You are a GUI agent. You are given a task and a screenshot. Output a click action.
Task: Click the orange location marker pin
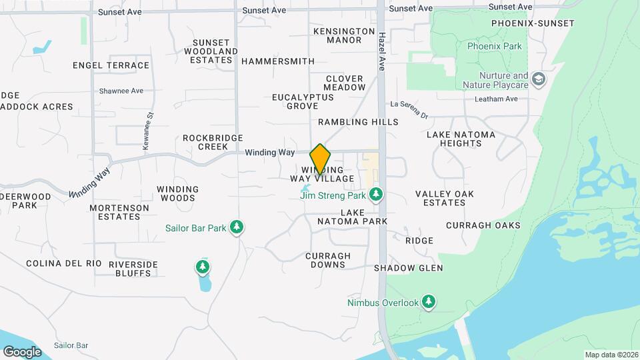click(x=320, y=159)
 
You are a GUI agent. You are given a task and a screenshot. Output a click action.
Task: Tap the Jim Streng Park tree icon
click(x=377, y=195)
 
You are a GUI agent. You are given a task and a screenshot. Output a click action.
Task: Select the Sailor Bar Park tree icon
click(x=236, y=227)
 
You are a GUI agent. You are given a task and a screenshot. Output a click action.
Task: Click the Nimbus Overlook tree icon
click(x=429, y=303)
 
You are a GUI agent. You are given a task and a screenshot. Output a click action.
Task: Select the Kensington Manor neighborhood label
click(x=344, y=35)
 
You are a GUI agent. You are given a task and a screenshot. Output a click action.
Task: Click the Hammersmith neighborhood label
click(x=278, y=61)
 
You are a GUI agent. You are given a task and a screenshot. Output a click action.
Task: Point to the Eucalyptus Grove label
click(x=303, y=101)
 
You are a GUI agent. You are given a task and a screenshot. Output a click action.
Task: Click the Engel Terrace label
click(x=111, y=65)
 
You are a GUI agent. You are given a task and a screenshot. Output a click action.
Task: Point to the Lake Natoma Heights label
click(x=461, y=139)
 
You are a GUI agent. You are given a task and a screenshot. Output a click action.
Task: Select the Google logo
click(x=23, y=351)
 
